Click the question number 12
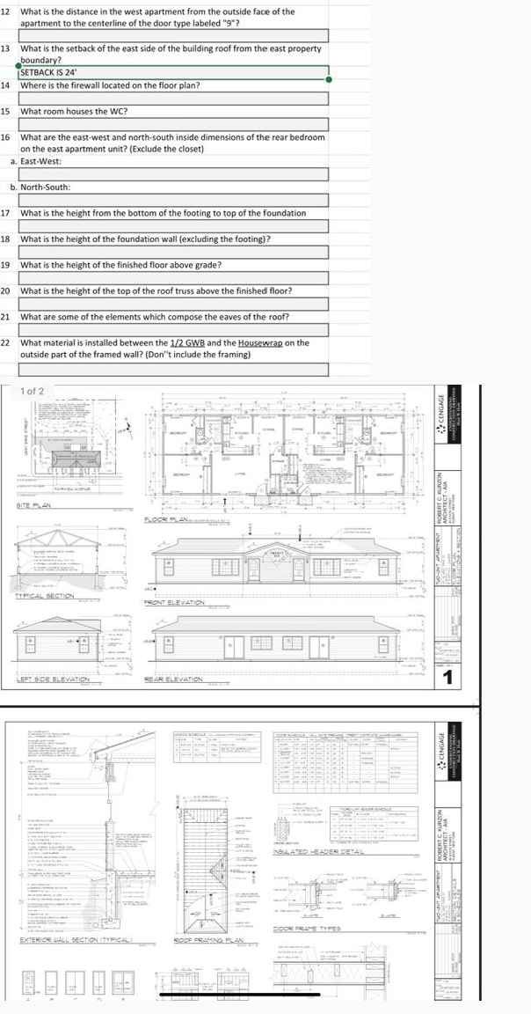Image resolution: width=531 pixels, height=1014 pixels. point(5,11)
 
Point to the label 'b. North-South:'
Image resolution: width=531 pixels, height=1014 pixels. point(40,187)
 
